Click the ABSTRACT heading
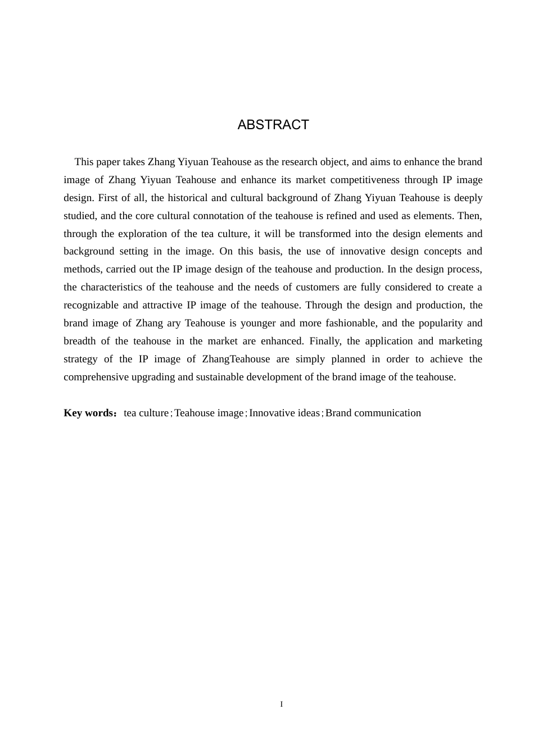click(x=273, y=125)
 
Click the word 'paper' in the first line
click(x=108, y=162)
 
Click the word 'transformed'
click(x=324, y=234)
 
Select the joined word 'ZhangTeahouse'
click(x=236, y=359)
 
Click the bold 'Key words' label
click(x=89, y=413)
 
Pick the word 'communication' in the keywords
click(x=388, y=413)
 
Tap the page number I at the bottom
click(x=282, y=704)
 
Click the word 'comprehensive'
click(x=96, y=377)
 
